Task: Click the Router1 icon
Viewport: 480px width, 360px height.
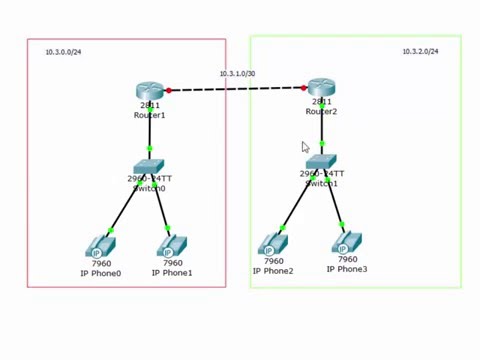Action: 149,91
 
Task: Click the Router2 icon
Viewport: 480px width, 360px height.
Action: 321,87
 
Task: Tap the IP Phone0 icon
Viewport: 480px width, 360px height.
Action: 101,245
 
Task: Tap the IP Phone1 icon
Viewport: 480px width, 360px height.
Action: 172,245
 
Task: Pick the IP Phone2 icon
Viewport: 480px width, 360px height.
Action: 272,243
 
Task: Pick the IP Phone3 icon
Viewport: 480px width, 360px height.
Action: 346,242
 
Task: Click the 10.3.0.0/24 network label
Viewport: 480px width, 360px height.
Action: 63,52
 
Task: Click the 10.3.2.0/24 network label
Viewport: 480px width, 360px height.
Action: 420,51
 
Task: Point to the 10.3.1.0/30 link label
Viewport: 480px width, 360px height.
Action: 237,74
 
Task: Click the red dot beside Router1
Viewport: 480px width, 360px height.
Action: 168,90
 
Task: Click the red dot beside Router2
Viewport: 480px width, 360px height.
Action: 304,88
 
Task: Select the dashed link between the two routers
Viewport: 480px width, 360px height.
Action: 236,89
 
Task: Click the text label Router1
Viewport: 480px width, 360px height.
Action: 149,115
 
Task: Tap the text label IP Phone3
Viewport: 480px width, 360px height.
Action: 346,269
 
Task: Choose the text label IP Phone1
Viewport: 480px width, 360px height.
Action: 172,272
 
